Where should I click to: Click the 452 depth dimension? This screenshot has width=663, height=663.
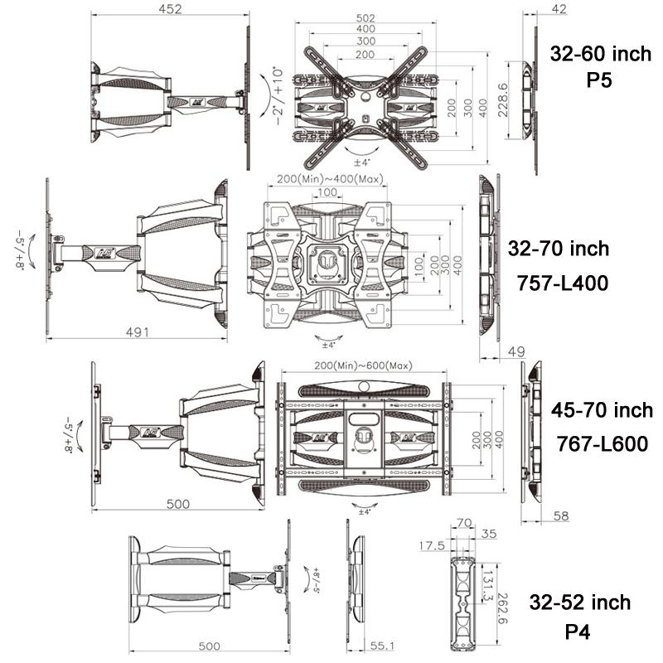(168, 10)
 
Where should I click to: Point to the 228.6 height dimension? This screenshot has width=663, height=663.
(503, 99)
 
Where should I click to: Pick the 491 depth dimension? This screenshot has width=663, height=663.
(137, 332)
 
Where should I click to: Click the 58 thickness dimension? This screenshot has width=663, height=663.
(561, 516)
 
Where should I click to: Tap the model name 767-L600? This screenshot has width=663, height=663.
(602, 444)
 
